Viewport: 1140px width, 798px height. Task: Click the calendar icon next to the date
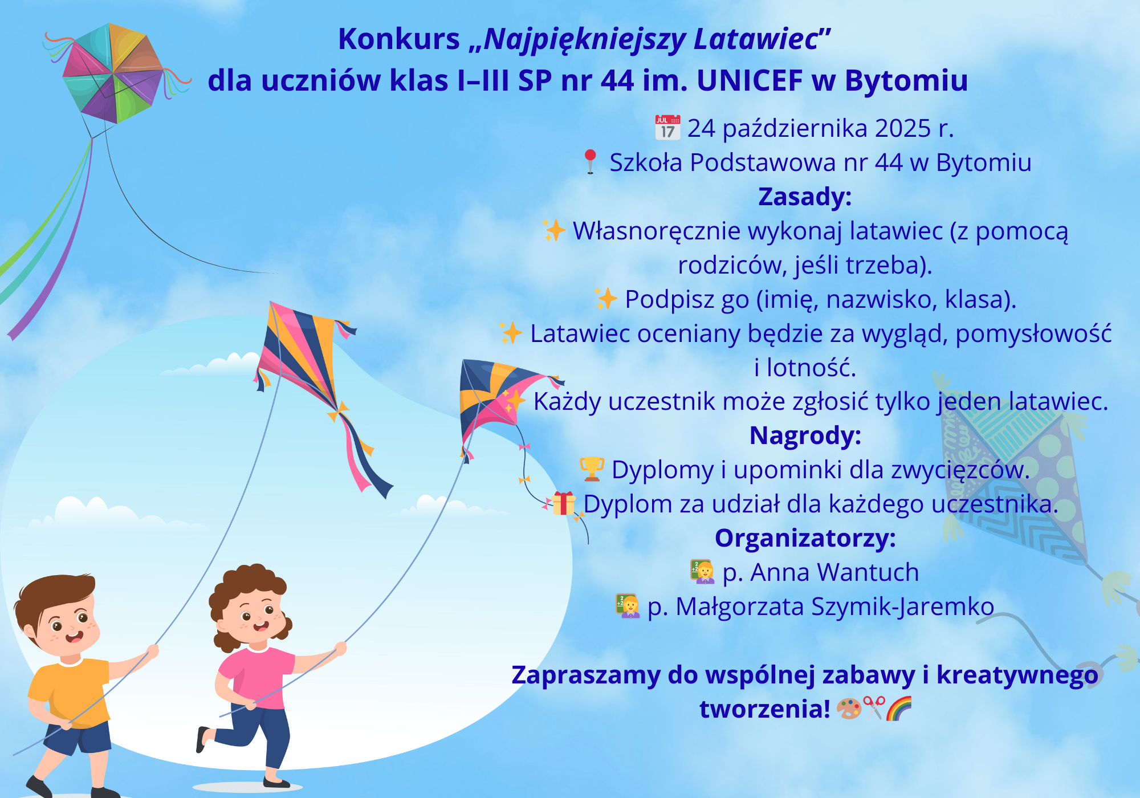pos(667,127)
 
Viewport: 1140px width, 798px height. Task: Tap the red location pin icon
pos(590,161)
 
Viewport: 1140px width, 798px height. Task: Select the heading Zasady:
pos(805,197)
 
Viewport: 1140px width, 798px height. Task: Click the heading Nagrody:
pos(805,435)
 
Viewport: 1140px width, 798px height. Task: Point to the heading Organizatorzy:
pos(805,538)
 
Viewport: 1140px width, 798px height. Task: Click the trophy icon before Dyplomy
pos(592,469)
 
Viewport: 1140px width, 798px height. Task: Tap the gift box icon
pos(564,503)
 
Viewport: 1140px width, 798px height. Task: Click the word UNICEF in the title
pos(750,80)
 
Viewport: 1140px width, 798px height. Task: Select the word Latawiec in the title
pos(756,39)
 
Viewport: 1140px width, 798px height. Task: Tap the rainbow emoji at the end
pos(899,709)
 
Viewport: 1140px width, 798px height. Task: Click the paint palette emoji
pos(849,709)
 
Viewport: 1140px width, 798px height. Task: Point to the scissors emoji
pos(874,709)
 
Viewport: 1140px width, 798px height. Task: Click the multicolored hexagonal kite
pos(113,73)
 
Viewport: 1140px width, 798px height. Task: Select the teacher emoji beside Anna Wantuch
pos(702,572)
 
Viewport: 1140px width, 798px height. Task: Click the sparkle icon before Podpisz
pos(606,299)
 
